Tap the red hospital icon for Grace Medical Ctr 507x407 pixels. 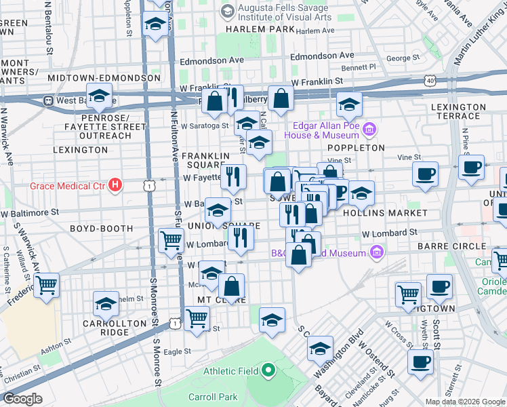pyautogui.click(x=116, y=185)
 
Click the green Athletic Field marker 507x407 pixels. pyautogui.click(x=268, y=371)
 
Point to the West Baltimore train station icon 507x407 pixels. pyautogui.click(x=49, y=100)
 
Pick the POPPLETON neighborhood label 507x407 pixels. pyautogui.click(x=356, y=147)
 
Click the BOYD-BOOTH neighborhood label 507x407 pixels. pyautogui.click(x=101, y=229)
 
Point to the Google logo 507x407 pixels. pyautogui.click(x=22, y=399)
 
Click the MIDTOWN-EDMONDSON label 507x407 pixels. pyautogui.click(x=104, y=78)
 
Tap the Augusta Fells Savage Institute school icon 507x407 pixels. pyautogui.click(x=226, y=10)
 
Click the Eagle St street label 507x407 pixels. pyautogui.click(x=178, y=351)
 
